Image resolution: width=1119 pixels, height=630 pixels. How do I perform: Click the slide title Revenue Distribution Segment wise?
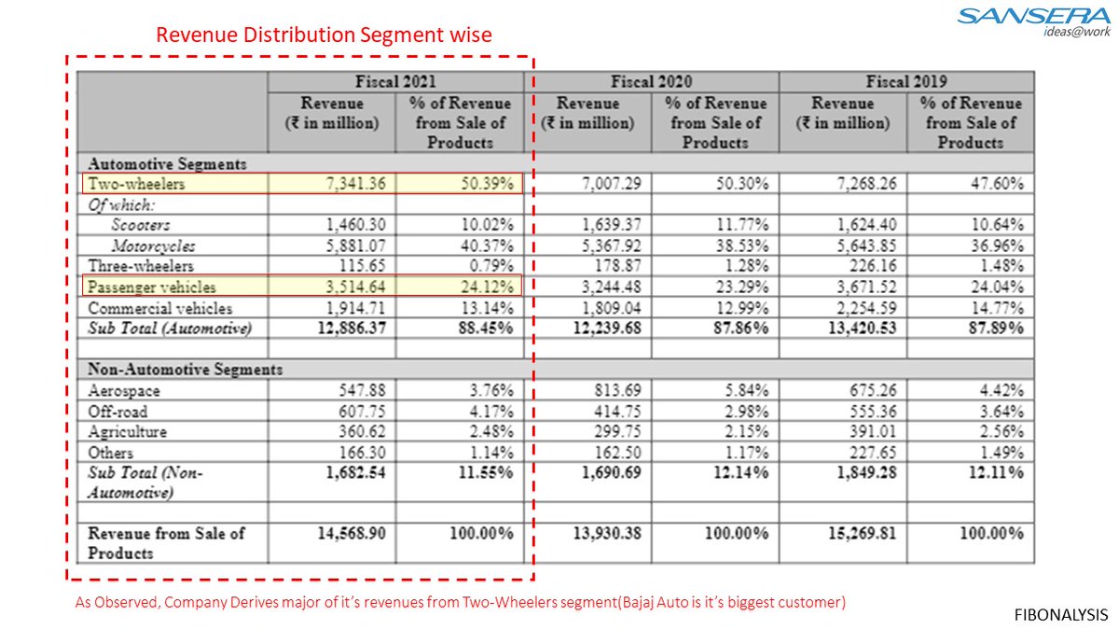(324, 35)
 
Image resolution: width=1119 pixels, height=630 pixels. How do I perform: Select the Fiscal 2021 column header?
(395, 81)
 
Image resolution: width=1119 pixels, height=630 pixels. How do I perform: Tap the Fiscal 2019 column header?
(905, 81)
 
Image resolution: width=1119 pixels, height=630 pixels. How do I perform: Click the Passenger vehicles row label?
(151, 287)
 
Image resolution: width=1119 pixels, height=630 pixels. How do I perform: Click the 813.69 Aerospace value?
(612, 391)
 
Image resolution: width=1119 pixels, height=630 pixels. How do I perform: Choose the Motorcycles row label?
(154, 246)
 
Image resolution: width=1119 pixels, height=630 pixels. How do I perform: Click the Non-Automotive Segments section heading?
(184, 370)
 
